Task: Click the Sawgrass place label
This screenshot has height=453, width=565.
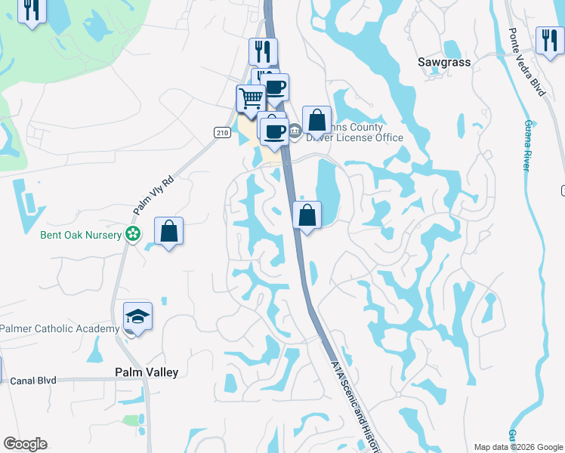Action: [443, 63]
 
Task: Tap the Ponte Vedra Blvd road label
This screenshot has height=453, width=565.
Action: [526, 62]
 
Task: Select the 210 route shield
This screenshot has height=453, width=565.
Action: [221, 132]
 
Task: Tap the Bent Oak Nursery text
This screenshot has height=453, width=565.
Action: [81, 235]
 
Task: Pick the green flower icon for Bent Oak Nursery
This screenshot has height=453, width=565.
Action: [133, 234]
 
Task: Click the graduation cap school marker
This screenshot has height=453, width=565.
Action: [138, 316]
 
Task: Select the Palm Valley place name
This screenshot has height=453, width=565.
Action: [147, 372]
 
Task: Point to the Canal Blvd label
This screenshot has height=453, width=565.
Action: [33, 381]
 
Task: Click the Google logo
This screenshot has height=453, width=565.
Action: [25, 444]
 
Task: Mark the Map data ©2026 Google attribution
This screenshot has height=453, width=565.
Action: [517, 447]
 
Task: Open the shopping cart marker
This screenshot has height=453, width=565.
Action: [251, 98]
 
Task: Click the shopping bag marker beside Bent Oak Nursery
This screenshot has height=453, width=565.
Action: [169, 231]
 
